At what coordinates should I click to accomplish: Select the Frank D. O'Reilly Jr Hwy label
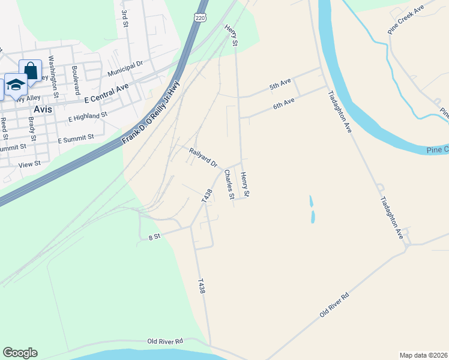pyautogui.click(x=151, y=113)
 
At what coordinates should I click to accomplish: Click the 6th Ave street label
pyautogui.click(x=283, y=103)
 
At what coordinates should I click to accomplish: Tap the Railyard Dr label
pyautogui.click(x=203, y=158)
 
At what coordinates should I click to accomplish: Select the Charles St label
pyautogui.click(x=229, y=184)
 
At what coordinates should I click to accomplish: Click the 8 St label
pyautogui.click(x=155, y=238)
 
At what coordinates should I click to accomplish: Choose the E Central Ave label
pyautogui.click(x=107, y=93)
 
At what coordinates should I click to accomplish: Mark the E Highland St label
pyautogui.click(x=88, y=115)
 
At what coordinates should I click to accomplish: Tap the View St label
pyautogui.click(x=29, y=163)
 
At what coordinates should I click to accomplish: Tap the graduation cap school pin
pyautogui.click(x=16, y=85)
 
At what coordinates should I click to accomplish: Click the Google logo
pyautogui.click(x=20, y=353)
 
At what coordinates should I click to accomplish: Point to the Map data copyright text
pyautogui.click(x=423, y=355)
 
